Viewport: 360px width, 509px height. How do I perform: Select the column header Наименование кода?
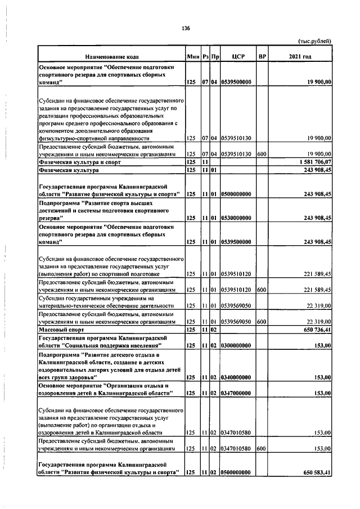112,57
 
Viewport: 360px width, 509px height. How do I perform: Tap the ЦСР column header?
236,57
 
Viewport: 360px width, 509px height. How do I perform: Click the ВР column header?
262,57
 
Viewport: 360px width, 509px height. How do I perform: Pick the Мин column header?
193,57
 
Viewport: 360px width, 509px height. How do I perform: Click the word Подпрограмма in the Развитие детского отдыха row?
58,355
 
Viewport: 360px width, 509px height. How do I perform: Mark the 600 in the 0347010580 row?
261,448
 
